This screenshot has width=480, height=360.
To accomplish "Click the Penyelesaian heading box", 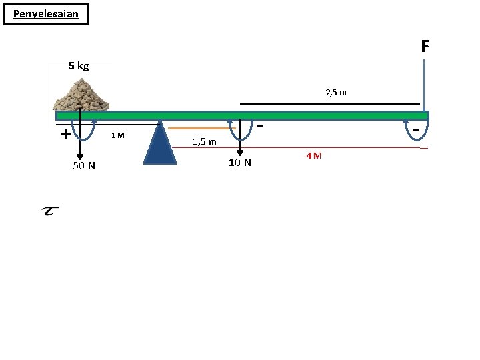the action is [46, 14].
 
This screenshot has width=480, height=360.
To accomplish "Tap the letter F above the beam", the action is [425, 46].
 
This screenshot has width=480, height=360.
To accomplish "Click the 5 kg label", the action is [79, 66].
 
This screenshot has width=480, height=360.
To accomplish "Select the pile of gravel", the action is [81, 95].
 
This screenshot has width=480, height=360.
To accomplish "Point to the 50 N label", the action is [84, 165].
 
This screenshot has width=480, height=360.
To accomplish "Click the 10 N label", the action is [240, 162].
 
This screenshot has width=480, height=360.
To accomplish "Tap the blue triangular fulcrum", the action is [160, 143].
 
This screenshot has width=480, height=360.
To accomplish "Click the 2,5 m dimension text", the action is [336, 93].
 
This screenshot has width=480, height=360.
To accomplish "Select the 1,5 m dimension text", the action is [204, 141].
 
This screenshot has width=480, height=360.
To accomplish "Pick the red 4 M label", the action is [314, 155].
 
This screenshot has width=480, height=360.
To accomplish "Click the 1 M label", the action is [118, 135].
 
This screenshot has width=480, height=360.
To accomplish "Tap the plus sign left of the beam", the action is [66, 134].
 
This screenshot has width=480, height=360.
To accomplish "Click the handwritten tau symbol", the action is [50, 211].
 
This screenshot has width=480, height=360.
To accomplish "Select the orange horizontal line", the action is [202, 128].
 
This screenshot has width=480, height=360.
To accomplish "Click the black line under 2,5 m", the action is [330, 105].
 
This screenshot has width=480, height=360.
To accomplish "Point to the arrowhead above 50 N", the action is [80, 157].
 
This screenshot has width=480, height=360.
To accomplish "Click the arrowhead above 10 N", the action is [240, 153].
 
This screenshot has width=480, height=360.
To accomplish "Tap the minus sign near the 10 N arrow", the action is [260, 125].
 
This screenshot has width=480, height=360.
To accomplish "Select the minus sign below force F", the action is [416, 129].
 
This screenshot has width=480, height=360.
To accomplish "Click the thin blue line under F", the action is [424, 85].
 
